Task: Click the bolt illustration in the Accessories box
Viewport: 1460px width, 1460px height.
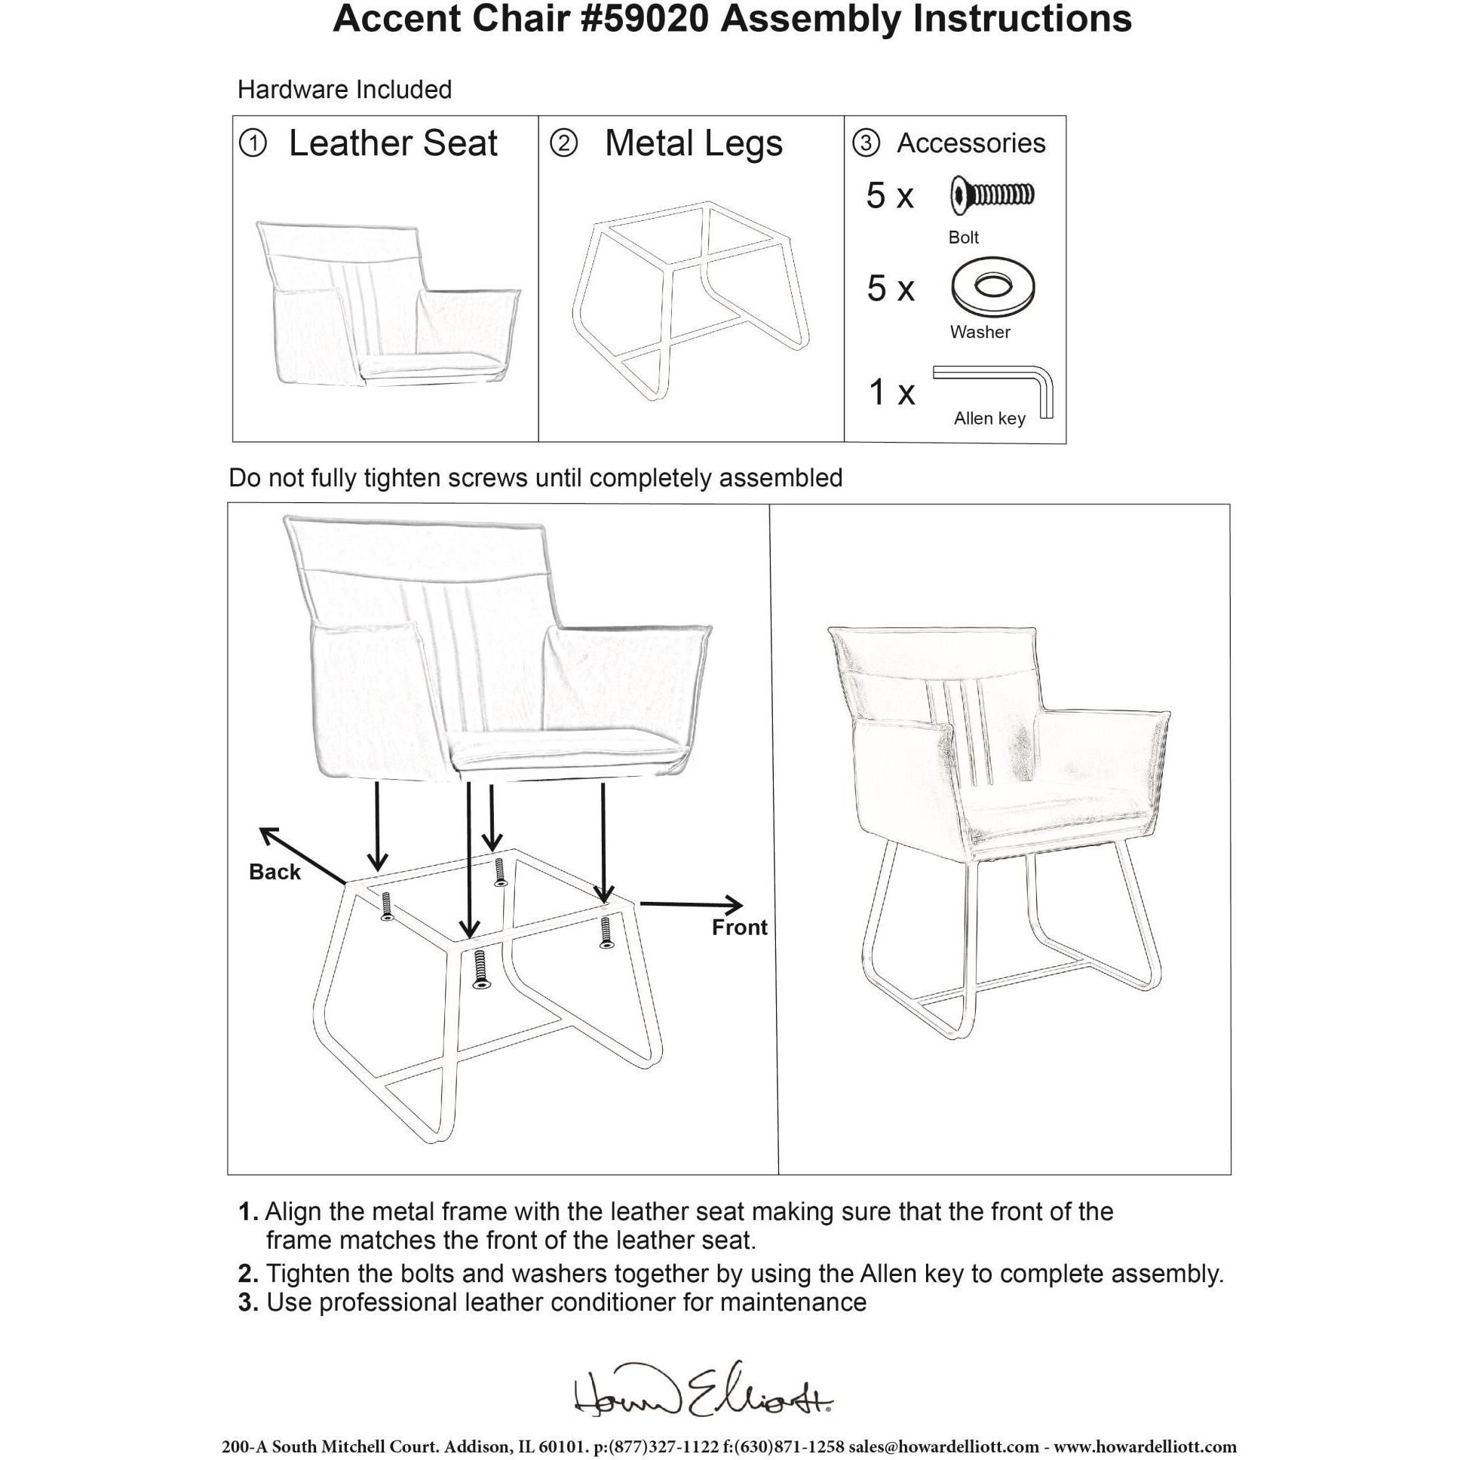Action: click(992, 196)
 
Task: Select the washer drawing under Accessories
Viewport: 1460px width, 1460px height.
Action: click(992, 287)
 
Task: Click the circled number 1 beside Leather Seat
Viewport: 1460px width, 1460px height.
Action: click(253, 143)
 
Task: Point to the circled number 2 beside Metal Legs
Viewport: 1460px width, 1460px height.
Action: click(564, 143)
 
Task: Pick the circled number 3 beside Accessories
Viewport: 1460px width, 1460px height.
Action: click(866, 143)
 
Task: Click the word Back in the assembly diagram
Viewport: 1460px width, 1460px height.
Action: click(275, 872)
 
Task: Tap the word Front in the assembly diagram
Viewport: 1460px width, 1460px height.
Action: click(739, 928)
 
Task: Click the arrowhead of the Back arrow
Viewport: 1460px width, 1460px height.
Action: click(267, 833)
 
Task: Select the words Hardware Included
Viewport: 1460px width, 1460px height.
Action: click(345, 90)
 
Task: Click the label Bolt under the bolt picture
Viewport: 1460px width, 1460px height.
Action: click(963, 238)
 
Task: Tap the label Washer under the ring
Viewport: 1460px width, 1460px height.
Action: click(980, 332)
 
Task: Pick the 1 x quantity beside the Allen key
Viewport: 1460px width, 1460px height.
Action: click(891, 392)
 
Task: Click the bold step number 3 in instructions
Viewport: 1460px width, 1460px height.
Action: click(248, 1303)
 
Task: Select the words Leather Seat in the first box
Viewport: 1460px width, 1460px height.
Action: click(393, 143)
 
